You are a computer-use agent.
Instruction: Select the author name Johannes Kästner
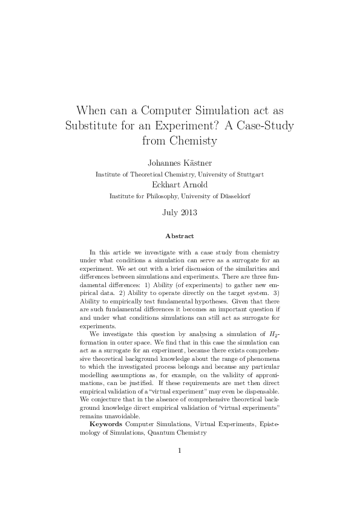[179, 163]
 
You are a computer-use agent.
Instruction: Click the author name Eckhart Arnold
[179, 185]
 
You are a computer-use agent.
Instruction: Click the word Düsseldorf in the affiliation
[234, 196]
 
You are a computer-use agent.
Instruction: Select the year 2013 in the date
[188, 212]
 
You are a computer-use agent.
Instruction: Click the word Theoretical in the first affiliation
[147, 174]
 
